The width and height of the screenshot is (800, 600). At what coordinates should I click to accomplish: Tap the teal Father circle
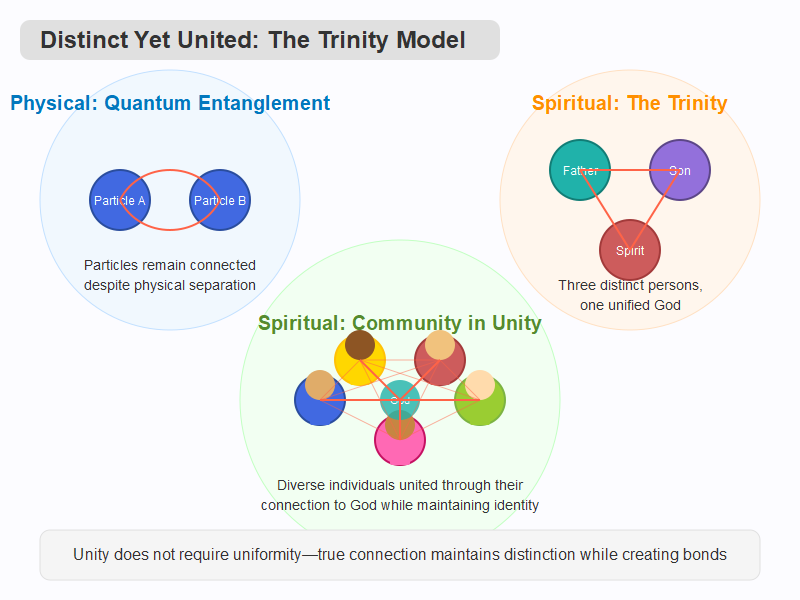pyautogui.click(x=580, y=170)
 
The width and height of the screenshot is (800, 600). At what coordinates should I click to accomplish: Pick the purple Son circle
pyautogui.click(x=680, y=170)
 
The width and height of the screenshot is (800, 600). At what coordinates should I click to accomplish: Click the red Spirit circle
pyautogui.click(x=630, y=250)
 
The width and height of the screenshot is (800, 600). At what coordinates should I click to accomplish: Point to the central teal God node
pyautogui.click(x=400, y=400)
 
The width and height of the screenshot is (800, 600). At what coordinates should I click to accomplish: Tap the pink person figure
pyautogui.click(x=400, y=448)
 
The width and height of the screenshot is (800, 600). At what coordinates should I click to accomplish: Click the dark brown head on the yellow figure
pyautogui.click(x=360, y=345)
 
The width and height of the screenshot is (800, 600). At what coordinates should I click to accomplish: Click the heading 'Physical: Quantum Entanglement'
pyautogui.click(x=170, y=103)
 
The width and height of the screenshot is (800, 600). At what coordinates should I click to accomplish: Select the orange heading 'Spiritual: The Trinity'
pyautogui.click(x=629, y=103)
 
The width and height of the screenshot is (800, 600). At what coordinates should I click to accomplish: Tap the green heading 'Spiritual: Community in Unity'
pyautogui.click(x=400, y=324)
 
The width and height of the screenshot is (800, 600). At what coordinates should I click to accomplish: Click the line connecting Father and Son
pyautogui.click(x=630, y=170)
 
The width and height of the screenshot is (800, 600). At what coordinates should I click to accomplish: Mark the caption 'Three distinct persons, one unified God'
pyautogui.click(x=630, y=295)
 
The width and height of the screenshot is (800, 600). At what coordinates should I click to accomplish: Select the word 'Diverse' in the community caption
pyautogui.click(x=301, y=485)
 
